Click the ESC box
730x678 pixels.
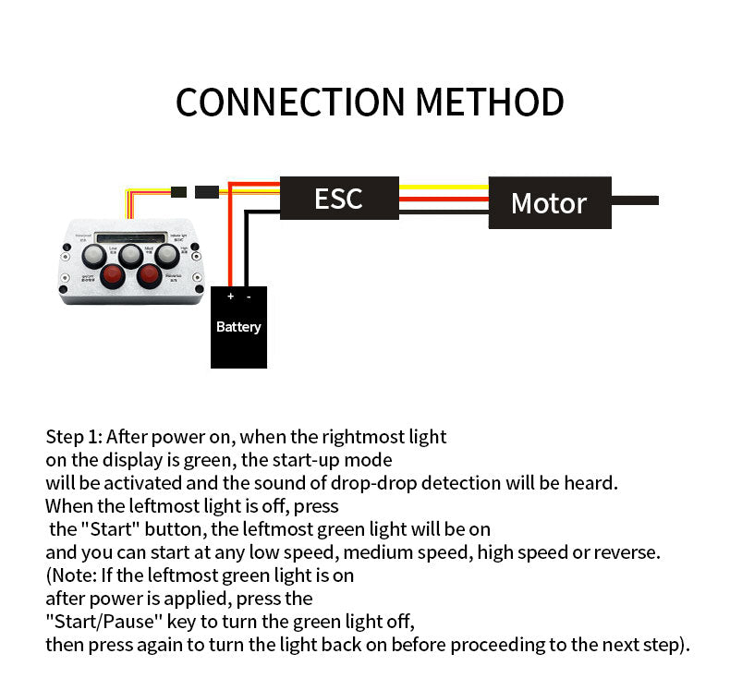click(339, 198)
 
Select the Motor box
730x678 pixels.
click(549, 202)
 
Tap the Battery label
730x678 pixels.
click(238, 327)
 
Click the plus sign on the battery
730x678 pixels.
click(230, 297)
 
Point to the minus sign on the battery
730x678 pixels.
click(249, 297)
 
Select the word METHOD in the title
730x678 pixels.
click(490, 102)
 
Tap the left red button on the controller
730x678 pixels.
click(113, 274)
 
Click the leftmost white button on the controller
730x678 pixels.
click(95, 254)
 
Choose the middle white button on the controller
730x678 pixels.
click(131, 254)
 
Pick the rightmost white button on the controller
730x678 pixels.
click(166, 254)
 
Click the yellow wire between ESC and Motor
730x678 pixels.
click(444, 187)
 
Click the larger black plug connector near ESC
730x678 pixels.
click(207, 192)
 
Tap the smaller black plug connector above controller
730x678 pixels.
click(178, 192)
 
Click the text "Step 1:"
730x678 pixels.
click(74, 437)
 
